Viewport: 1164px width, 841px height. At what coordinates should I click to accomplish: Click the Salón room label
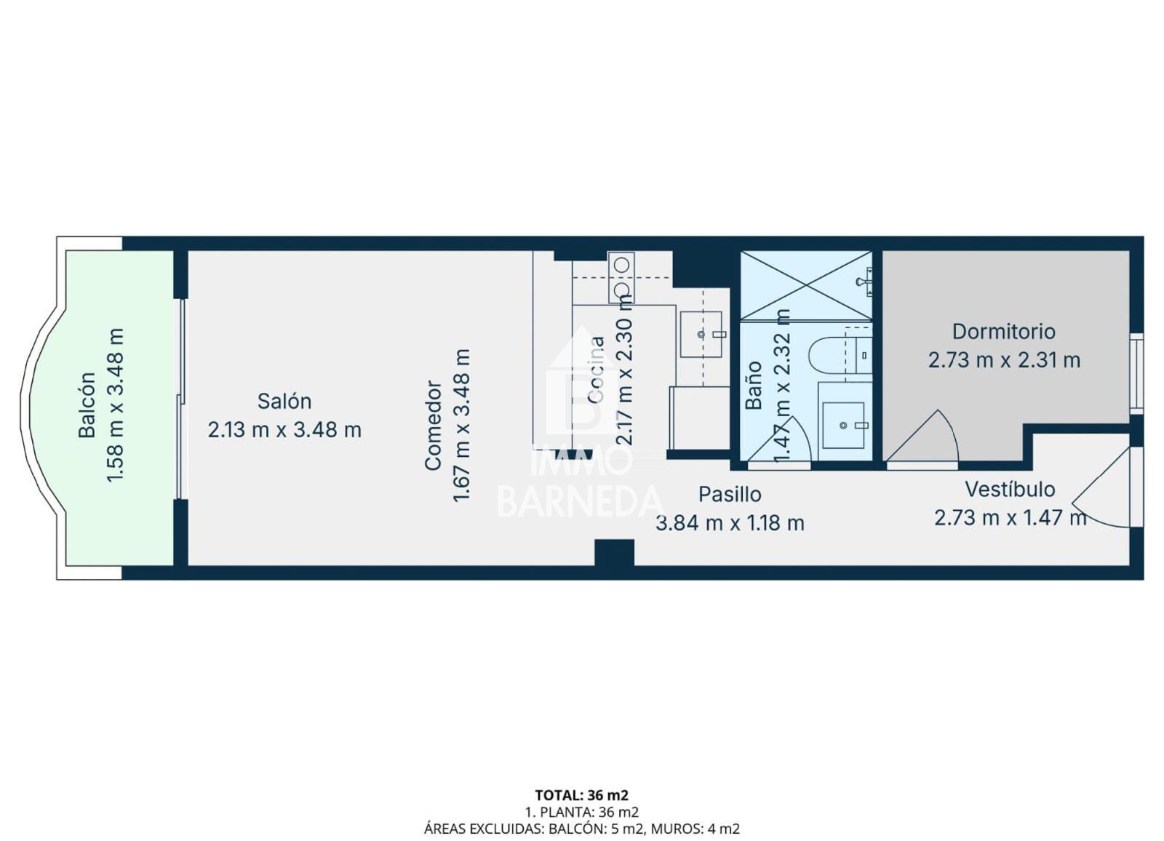[284, 402]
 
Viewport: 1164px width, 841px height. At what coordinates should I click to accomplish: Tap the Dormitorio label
[1004, 332]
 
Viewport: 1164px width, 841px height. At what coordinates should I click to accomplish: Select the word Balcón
[87, 405]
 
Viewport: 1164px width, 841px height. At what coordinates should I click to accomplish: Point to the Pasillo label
[730, 494]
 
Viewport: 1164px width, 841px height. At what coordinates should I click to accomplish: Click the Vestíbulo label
[1010, 489]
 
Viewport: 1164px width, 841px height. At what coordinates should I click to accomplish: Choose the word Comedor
[433, 425]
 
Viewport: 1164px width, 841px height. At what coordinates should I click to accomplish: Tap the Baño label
[754, 385]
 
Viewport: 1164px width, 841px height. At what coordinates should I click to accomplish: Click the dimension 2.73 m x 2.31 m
[1005, 360]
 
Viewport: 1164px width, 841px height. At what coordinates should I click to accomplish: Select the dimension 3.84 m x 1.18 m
[730, 523]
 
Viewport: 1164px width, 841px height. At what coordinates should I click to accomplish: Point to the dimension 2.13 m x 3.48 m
[284, 430]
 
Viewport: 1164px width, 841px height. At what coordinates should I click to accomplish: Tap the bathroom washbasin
[843, 425]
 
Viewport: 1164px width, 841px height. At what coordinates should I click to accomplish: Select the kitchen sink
[701, 334]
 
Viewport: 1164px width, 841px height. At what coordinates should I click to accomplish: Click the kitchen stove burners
[621, 277]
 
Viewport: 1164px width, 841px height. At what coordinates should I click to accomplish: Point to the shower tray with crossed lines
[806, 285]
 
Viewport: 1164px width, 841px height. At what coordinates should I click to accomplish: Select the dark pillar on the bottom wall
[614, 552]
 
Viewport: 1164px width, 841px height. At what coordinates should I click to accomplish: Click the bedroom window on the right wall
[1137, 373]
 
